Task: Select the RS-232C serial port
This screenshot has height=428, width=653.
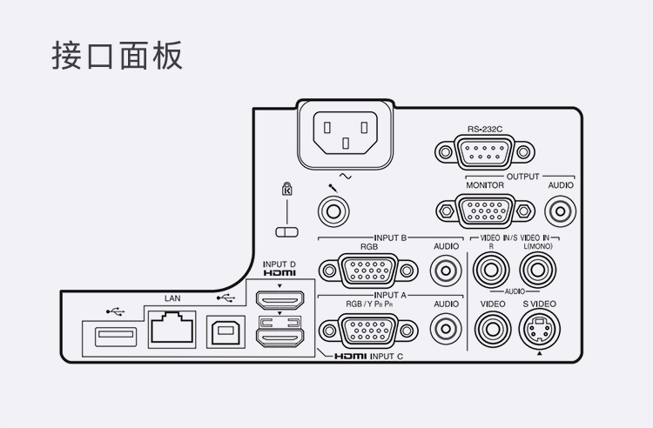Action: tap(484, 154)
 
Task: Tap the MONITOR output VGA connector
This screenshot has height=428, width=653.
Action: tap(485, 211)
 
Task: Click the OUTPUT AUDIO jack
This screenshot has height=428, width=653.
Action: tap(560, 211)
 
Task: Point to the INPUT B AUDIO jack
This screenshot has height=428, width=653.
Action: tap(447, 271)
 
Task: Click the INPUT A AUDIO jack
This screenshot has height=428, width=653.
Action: tap(447, 329)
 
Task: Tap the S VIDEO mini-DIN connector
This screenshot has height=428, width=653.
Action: tap(539, 330)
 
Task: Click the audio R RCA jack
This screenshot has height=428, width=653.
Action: tap(491, 271)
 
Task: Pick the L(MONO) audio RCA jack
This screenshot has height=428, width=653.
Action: tap(539, 271)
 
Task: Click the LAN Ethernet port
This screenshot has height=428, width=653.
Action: tap(172, 330)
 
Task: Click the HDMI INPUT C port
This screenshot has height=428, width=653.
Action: tap(279, 332)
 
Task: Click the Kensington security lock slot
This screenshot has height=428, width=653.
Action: tap(286, 232)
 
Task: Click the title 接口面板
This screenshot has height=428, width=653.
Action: tap(117, 55)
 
